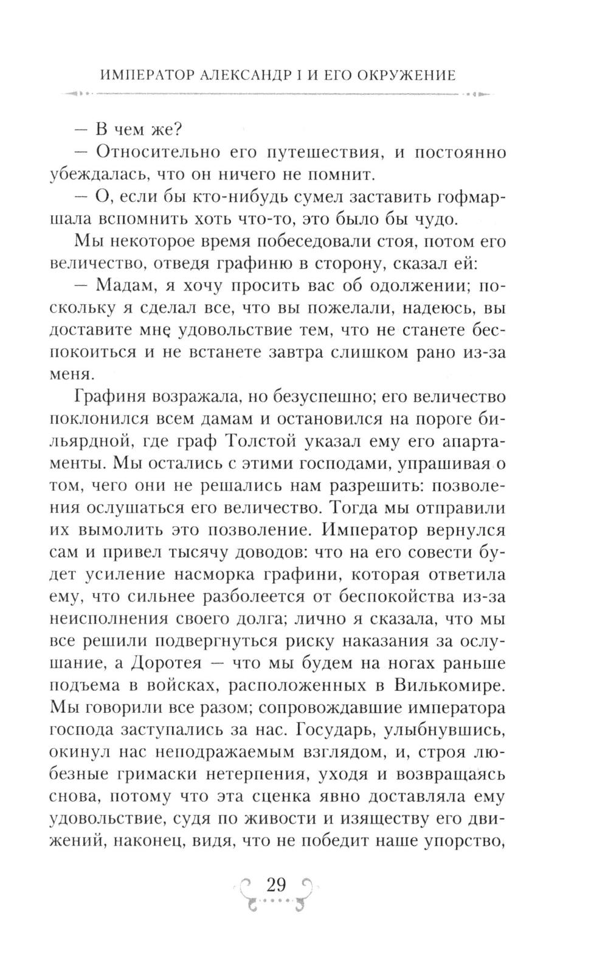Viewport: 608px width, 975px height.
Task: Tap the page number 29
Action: coord(276,884)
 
